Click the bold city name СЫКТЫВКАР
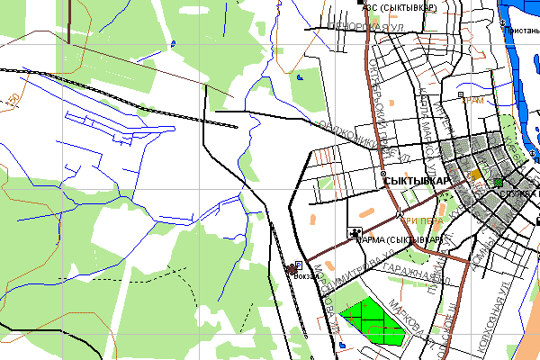[x=416, y=182]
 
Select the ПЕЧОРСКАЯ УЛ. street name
[x=365, y=27]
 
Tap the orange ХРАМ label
[x=472, y=101]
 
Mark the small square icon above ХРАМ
[x=461, y=94]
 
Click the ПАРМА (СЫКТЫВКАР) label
[x=401, y=240]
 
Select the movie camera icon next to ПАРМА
[x=355, y=233]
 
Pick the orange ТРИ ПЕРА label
[x=421, y=220]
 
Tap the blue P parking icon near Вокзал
[x=298, y=266]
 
